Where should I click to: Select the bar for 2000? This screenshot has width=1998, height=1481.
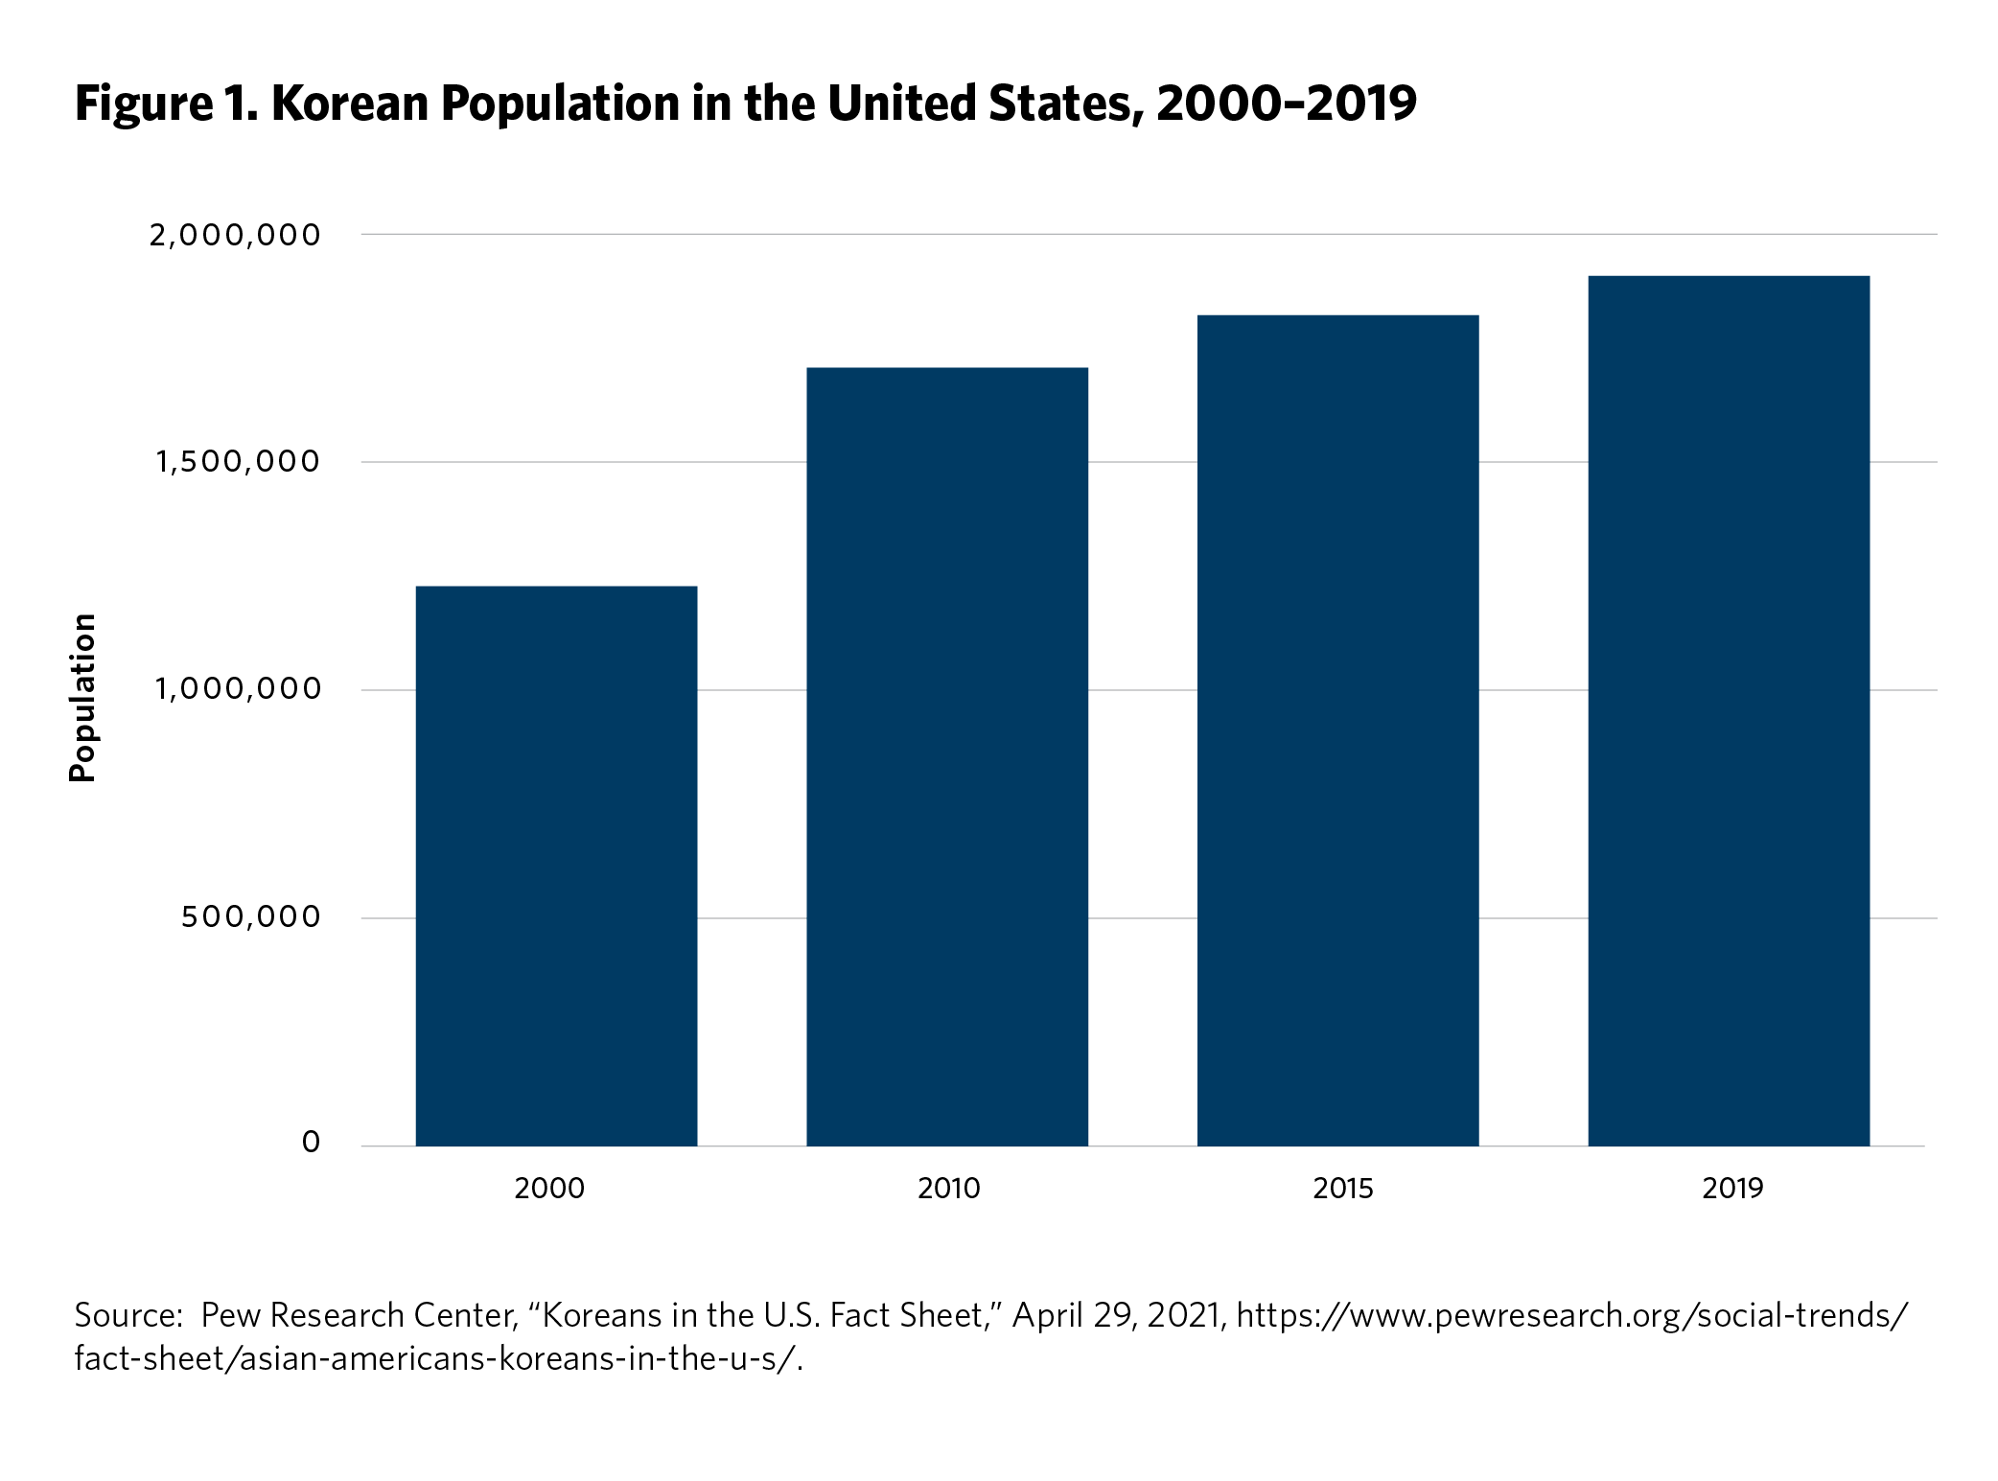pos(556,866)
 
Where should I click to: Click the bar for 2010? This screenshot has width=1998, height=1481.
pos(947,756)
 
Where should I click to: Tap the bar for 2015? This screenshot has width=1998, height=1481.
pos(1337,730)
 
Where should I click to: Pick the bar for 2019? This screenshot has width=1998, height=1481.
pos(1729,710)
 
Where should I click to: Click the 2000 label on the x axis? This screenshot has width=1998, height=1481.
pos(549,1189)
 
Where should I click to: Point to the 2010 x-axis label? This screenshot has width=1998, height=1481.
pos(948,1189)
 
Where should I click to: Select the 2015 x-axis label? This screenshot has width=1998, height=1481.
pos(1342,1189)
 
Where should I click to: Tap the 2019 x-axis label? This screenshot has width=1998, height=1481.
pos(1732,1189)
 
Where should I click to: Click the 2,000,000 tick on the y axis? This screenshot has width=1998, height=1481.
pos(235,235)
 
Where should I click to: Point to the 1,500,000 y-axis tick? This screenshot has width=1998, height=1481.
pos(238,462)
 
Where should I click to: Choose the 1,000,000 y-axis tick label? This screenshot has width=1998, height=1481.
pos(238,689)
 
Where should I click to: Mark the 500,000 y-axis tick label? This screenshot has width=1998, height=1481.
pos(250,917)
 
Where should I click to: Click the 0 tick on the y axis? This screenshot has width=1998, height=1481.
pos(311,1143)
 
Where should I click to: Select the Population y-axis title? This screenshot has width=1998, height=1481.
pos(83,698)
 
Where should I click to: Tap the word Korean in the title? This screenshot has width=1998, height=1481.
pos(350,104)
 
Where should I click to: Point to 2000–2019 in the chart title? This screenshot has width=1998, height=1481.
pos(1286,104)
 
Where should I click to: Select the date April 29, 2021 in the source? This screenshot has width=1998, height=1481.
pos(1119,1315)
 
